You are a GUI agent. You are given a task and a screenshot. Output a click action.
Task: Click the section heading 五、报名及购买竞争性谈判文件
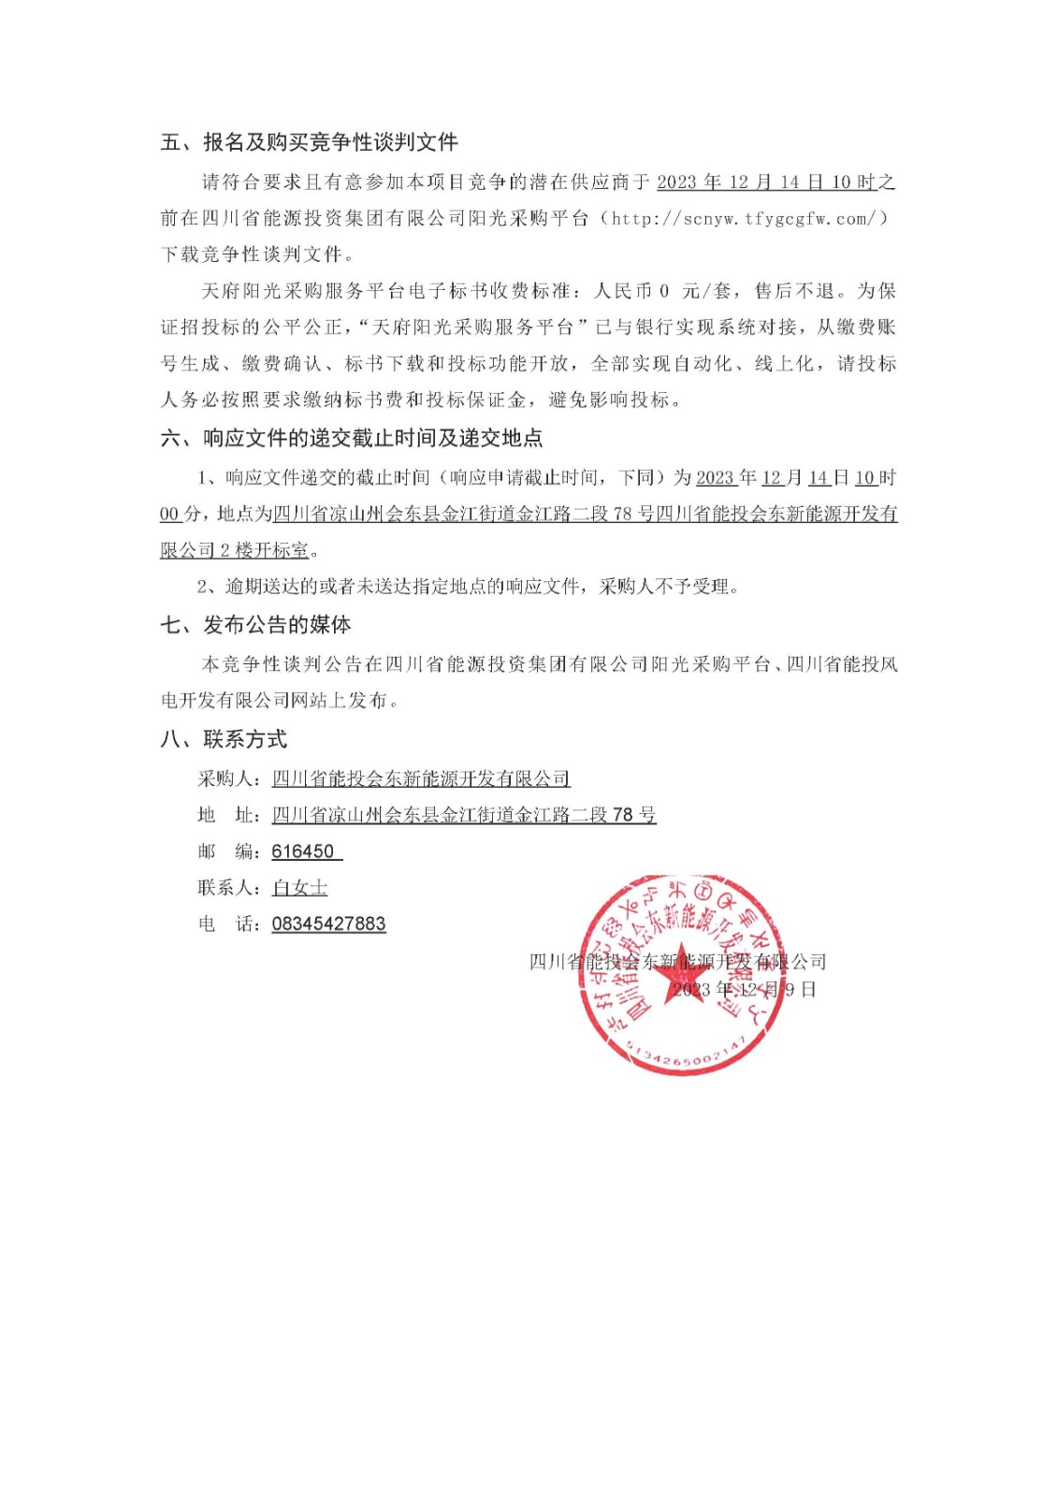tap(309, 142)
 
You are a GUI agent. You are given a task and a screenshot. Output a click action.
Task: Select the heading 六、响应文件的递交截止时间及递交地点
tap(351, 438)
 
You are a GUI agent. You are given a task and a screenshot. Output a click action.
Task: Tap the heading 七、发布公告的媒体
tap(255, 624)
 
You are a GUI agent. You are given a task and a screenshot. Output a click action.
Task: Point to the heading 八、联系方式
tap(224, 739)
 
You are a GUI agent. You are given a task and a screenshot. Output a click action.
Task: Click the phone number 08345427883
tap(328, 923)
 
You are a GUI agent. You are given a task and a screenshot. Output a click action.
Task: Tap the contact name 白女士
tap(299, 887)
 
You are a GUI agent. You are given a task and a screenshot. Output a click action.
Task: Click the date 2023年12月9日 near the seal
tap(745, 989)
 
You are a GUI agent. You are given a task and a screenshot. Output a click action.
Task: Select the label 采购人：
tap(230, 778)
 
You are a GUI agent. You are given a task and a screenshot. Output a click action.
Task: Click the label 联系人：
tap(230, 887)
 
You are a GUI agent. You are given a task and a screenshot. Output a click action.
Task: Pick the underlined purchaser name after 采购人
tap(421, 778)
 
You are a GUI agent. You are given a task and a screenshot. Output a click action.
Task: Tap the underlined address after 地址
tap(464, 815)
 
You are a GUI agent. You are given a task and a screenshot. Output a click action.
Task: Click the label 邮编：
tap(230, 851)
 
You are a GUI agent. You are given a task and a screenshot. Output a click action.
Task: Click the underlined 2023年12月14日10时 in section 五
tap(767, 182)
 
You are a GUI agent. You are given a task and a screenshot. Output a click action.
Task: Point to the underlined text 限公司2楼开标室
tap(235, 550)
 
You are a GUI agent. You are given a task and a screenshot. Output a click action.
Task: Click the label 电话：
tap(230, 923)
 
